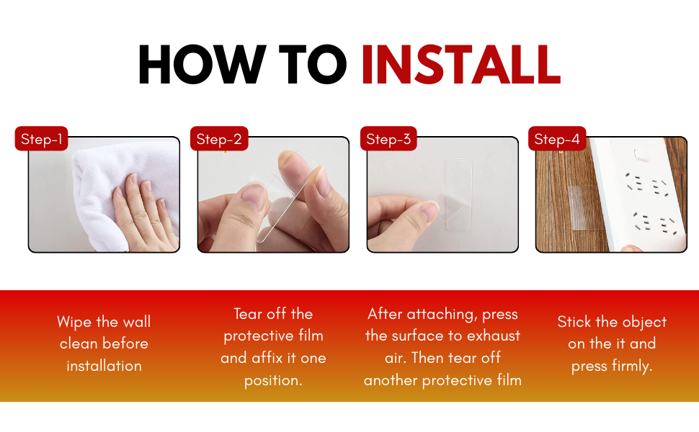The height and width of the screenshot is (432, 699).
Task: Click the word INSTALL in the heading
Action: (x=460, y=65)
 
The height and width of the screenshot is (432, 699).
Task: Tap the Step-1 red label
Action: (x=42, y=138)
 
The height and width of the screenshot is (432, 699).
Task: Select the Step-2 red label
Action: (x=219, y=138)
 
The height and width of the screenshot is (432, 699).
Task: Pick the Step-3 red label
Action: (x=388, y=138)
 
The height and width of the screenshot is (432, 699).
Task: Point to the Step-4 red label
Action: (x=557, y=138)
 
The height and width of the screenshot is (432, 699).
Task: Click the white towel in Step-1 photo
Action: (x=120, y=187)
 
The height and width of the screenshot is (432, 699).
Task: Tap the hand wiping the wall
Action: (x=145, y=214)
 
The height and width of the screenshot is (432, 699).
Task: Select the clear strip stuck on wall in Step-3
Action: (x=459, y=194)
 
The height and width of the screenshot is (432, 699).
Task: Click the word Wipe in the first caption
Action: (x=74, y=322)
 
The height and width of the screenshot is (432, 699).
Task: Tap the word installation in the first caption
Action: (x=104, y=366)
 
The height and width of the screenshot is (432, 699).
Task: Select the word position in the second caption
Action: (x=273, y=380)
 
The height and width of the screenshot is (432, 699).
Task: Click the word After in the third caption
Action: (x=385, y=313)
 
